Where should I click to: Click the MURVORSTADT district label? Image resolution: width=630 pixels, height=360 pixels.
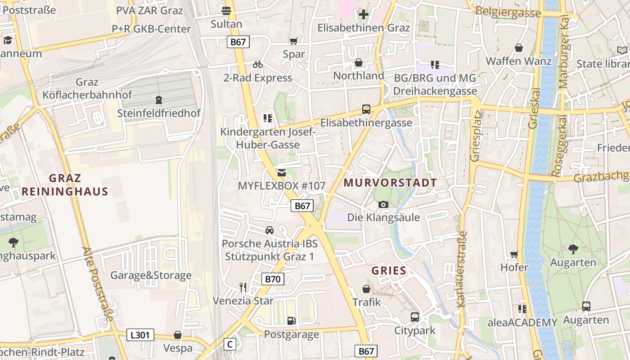pyautogui.click(x=390, y=183)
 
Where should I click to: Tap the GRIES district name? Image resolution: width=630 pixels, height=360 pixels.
pyautogui.click(x=389, y=271)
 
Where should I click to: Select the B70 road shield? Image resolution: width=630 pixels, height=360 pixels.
pyautogui.click(x=272, y=279)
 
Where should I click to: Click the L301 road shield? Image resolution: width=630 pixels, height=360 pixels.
pyautogui.click(x=140, y=335)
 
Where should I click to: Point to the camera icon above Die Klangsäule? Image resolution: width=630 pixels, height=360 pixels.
pyautogui.click(x=383, y=205)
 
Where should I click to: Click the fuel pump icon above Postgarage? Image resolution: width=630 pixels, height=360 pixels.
pyautogui.click(x=292, y=321)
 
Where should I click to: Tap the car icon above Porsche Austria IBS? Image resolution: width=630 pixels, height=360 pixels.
pyautogui.click(x=270, y=230)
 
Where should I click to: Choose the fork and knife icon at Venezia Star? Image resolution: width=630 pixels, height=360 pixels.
pyautogui.click(x=243, y=287)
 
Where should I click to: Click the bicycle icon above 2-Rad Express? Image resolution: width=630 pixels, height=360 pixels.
pyautogui.click(x=258, y=64)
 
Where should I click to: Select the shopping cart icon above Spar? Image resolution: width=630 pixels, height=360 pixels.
pyautogui.click(x=294, y=41)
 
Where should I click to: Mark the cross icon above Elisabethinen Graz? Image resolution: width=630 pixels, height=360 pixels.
pyautogui.click(x=364, y=14)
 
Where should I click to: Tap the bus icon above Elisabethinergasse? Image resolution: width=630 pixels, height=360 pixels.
pyautogui.click(x=366, y=109)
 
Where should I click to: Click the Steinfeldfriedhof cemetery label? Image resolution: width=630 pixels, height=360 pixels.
pyautogui.click(x=159, y=113)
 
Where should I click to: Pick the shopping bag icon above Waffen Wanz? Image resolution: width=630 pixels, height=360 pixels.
pyautogui.click(x=519, y=48)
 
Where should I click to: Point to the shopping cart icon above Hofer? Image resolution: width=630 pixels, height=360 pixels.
pyautogui.click(x=514, y=254)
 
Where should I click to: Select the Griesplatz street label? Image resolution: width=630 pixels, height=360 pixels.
pyautogui.click(x=475, y=136)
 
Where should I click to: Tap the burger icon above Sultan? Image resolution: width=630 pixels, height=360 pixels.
pyautogui.click(x=226, y=11)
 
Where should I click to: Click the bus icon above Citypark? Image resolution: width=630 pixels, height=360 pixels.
pyautogui.click(x=415, y=317)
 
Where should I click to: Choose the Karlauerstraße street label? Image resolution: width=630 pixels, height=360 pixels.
pyautogui.click(x=462, y=269)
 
